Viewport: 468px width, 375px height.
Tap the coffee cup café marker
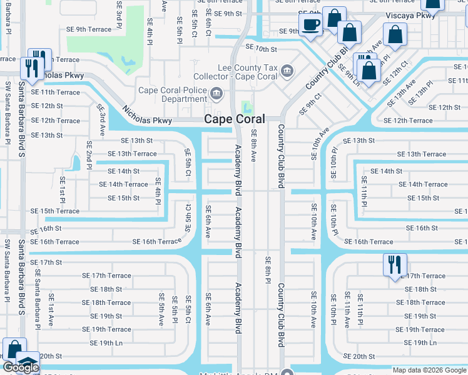point(310,26)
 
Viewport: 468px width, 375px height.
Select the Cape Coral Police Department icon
point(216,94)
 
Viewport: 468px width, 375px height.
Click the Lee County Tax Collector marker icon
point(287,72)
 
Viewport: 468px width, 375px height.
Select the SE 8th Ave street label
point(253,146)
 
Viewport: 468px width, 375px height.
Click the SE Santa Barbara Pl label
point(38,291)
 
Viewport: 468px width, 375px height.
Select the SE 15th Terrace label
point(51,211)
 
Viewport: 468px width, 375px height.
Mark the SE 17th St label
point(46,262)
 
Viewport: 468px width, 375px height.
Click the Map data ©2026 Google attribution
point(429,370)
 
